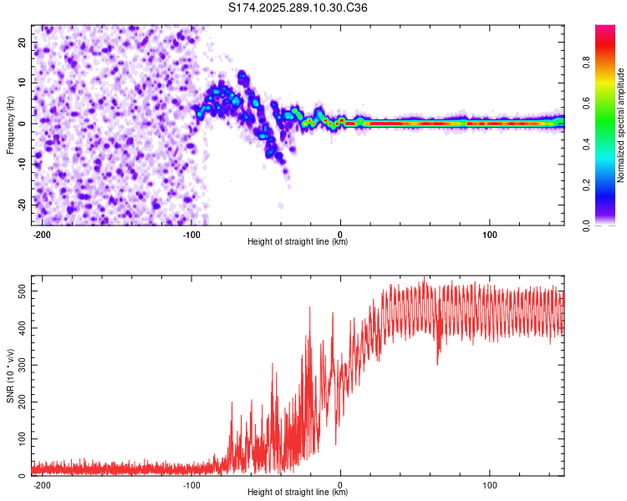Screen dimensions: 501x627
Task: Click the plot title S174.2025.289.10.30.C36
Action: pos(298,8)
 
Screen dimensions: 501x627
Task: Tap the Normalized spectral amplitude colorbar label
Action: pos(620,125)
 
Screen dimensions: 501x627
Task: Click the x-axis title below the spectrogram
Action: pos(298,242)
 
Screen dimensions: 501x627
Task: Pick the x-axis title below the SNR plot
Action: pos(298,493)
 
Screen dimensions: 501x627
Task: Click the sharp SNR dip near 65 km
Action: pos(437,362)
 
